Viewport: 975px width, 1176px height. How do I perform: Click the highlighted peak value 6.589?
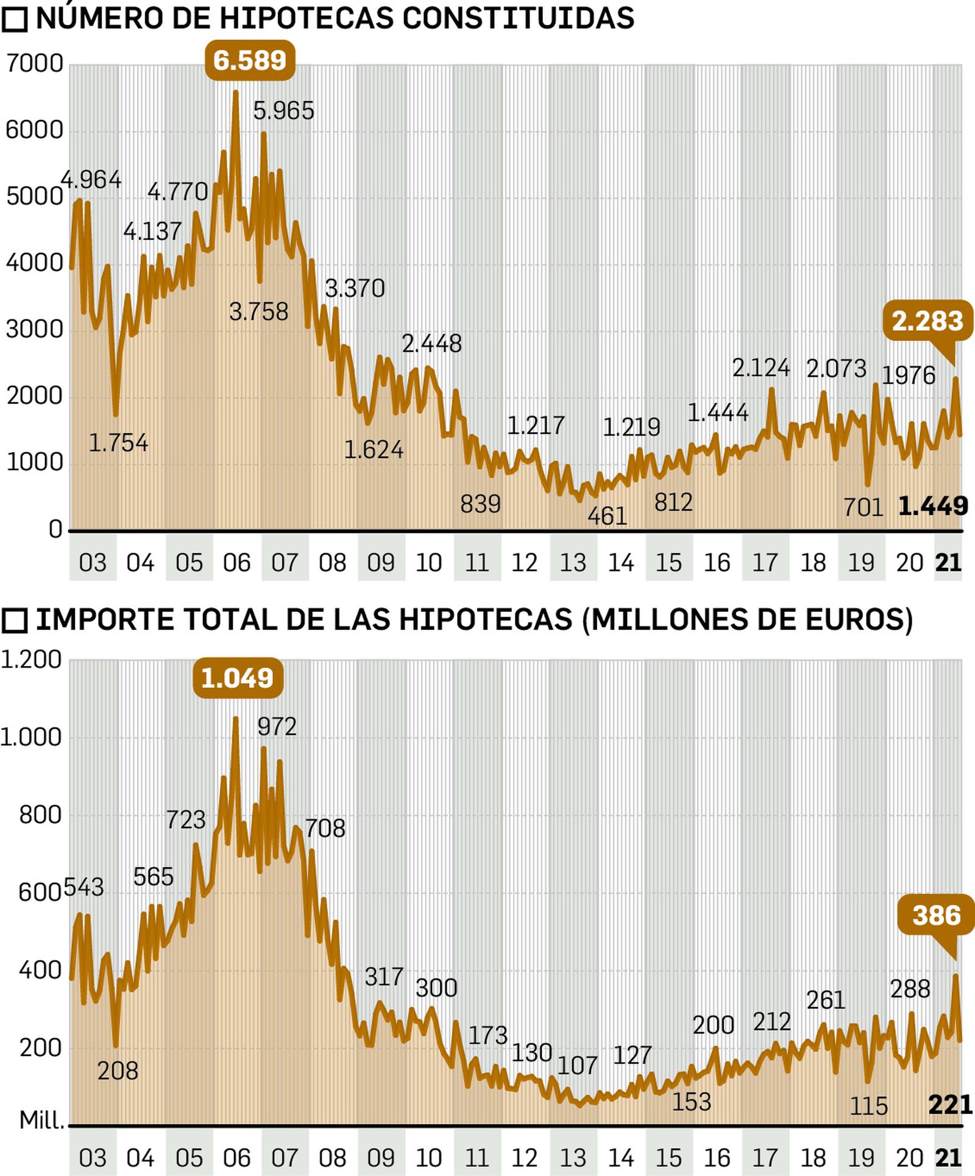pos(250,60)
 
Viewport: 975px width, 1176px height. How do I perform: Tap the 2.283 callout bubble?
pos(927,321)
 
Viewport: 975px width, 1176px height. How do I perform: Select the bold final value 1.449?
pos(933,506)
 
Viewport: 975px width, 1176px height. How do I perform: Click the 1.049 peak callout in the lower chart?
pos(238,678)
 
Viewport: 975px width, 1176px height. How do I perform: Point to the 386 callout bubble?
pos(936,915)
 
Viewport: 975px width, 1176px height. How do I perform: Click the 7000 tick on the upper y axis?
pos(35,63)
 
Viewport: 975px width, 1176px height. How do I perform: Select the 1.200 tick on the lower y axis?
pos(30,659)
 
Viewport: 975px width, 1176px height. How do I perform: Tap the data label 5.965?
pos(283,111)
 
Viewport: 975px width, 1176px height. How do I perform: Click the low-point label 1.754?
pos(118,442)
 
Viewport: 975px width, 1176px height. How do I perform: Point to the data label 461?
pos(607,516)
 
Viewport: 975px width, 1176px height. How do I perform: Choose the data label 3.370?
pos(355,288)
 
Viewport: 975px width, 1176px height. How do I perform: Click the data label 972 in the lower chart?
pos(277,726)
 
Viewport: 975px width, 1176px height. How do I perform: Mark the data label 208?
pos(118,1070)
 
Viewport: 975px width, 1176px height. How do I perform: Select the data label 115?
pos(868,1105)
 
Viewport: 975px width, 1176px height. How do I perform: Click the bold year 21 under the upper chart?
pos(948,562)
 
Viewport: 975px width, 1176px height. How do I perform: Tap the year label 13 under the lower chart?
pos(573,1157)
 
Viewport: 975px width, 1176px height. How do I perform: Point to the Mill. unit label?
pos(41,1119)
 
